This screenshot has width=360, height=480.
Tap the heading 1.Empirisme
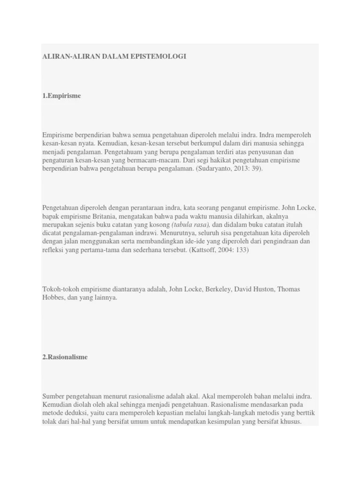tap(61, 96)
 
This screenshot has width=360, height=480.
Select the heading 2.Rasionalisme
tap(65, 357)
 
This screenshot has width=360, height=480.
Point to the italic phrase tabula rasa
tap(190, 224)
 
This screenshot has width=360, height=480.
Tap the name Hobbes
tap(53, 298)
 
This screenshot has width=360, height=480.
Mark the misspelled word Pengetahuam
tap(124, 151)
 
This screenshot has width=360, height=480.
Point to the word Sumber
tap(52, 396)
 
